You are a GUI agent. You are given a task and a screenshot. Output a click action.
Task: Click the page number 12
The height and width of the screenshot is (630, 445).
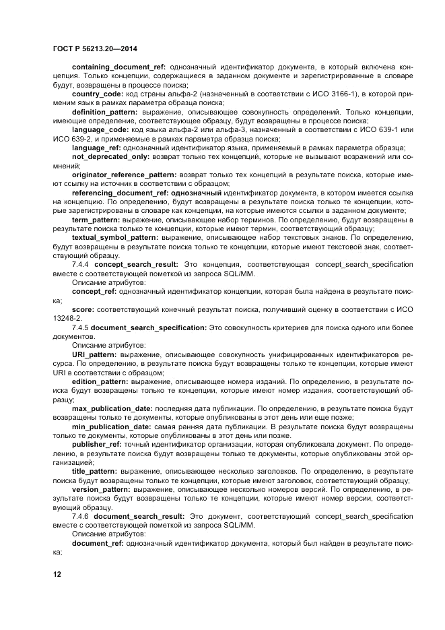57,573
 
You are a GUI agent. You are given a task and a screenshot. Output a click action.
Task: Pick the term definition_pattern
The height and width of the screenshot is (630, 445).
104,111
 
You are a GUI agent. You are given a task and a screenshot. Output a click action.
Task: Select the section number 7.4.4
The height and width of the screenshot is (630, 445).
81,265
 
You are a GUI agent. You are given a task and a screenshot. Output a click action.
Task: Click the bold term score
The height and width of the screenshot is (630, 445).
83,309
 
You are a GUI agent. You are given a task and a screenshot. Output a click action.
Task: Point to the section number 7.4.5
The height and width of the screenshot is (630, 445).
81,326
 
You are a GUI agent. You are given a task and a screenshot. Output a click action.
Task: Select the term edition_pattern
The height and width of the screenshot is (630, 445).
100,381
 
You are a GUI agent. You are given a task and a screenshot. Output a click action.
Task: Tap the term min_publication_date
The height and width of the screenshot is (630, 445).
110,426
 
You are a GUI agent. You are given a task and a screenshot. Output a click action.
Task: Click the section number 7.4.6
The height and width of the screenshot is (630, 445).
81,515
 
